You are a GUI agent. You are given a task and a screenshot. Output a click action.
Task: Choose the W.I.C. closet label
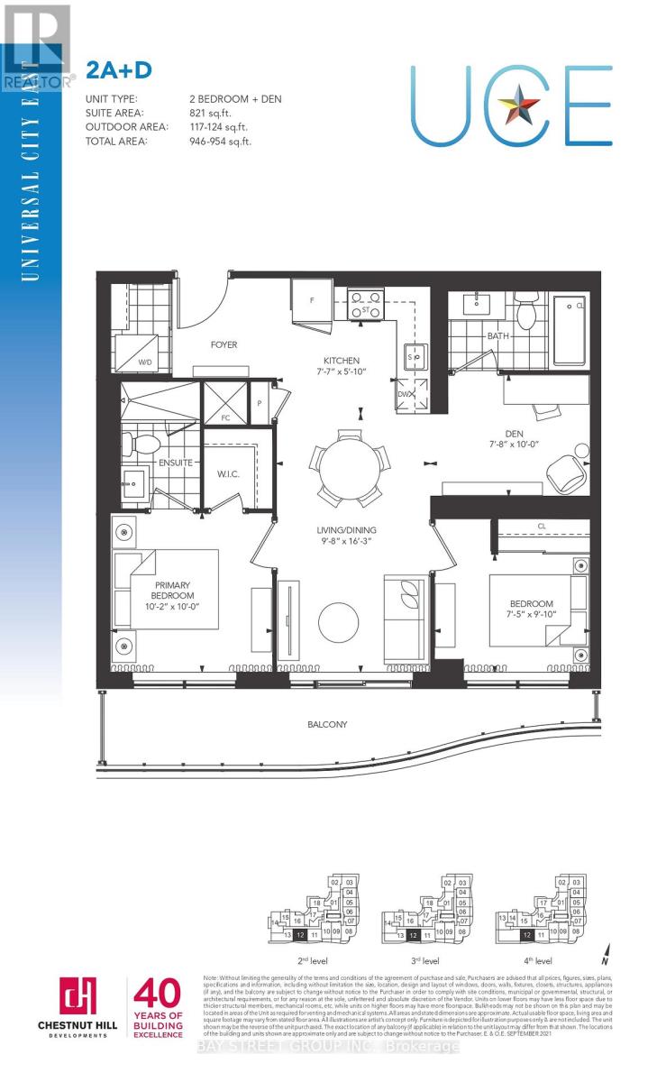tap(228, 473)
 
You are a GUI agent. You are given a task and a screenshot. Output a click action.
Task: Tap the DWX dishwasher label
tap(406, 394)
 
